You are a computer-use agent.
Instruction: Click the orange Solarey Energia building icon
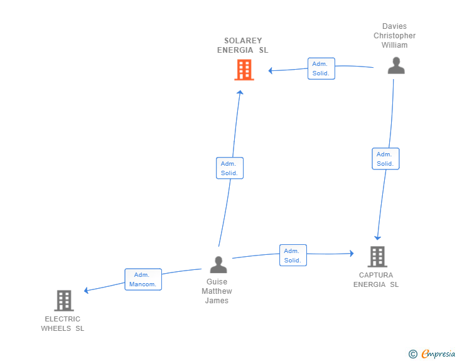pyautogui.click(x=244, y=70)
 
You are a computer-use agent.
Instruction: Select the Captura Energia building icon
pyautogui.click(x=377, y=256)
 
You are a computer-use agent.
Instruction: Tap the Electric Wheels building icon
pyautogui.click(x=64, y=301)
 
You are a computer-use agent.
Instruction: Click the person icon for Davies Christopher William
pyautogui.click(x=395, y=65)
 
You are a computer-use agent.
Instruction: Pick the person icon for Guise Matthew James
pyautogui.click(x=218, y=264)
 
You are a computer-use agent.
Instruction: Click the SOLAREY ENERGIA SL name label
pyautogui.click(x=243, y=45)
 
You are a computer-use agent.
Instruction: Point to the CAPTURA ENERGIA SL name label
pyautogui.click(x=376, y=280)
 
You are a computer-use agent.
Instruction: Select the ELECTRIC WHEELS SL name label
pyautogui.click(x=63, y=323)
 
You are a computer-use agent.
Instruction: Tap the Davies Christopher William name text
pyautogui.click(x=395, y=36)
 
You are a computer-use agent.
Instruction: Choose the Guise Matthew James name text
pyautogui.click(x=217, y=291)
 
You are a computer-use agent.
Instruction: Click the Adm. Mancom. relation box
pyautogui.click(x=143, y=279)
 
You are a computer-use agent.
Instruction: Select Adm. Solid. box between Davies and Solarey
pyautogui.click(x=321, y=68)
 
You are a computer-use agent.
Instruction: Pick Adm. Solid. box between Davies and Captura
pyautogui.click(x=385, y=159)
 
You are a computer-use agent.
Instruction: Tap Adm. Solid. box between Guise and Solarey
pyautogui.click(x=229, y=168)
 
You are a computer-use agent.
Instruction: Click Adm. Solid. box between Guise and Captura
pyautogui.click(x=293, y=256)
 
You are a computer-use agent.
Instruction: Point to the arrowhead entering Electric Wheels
pyautogui.click(x=87, y=290)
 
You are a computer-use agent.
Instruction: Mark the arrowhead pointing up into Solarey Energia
pyautogui.click(x=240, y=92)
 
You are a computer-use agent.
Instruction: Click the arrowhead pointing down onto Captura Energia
pyautogui.click(x=377, y=237)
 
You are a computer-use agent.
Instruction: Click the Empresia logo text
pyautogui.click(x=438, y=354)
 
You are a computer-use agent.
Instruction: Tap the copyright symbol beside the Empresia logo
pyautogui.click(x=412, y=354)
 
